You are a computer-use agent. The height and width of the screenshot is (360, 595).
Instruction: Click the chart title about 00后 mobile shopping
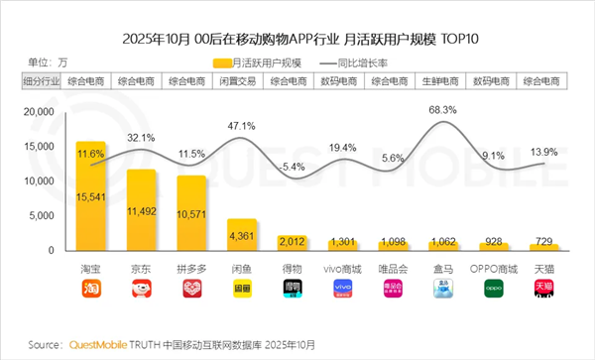coord(297,40)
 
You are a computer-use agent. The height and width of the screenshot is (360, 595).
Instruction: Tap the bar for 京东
coord(141,209)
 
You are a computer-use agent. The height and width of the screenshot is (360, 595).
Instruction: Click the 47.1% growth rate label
coord(242,127)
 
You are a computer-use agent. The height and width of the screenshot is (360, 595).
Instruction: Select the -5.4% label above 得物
coord(292,167)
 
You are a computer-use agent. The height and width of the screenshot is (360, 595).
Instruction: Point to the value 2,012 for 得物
coord(292,240)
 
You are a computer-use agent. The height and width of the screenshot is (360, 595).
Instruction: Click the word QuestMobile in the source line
coord(97,344)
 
